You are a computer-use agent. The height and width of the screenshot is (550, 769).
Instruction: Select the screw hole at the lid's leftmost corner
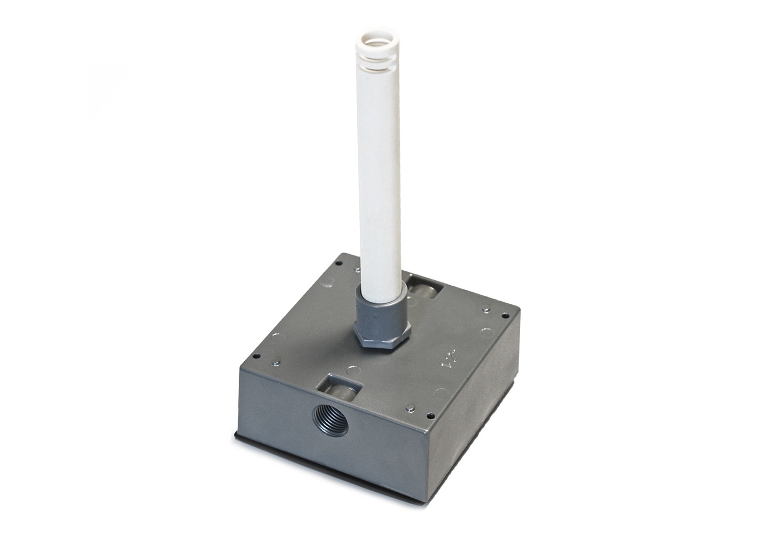256,355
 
